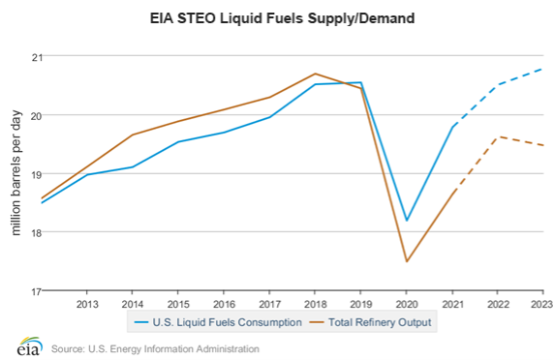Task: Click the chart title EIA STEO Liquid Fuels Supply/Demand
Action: tap(277, 17)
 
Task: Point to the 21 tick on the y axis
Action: tap(36, 57)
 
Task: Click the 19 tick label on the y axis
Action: tap(36, 174)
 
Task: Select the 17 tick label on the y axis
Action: tap(36, 290)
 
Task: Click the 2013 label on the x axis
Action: tap(86, 303)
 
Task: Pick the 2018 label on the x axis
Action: tap(315, 303)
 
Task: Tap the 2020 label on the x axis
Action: tap(407, 303)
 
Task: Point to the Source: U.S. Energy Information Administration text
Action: tap(155, 348)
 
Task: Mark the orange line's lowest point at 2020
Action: tap(407, 261)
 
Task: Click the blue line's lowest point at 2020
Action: tap(407, 221)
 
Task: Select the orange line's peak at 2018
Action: tap(315, 74)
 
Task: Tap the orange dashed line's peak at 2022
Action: tap(498, 136)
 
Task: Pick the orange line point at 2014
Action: tap(133, 135)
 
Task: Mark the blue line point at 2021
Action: tap(452, 126)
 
